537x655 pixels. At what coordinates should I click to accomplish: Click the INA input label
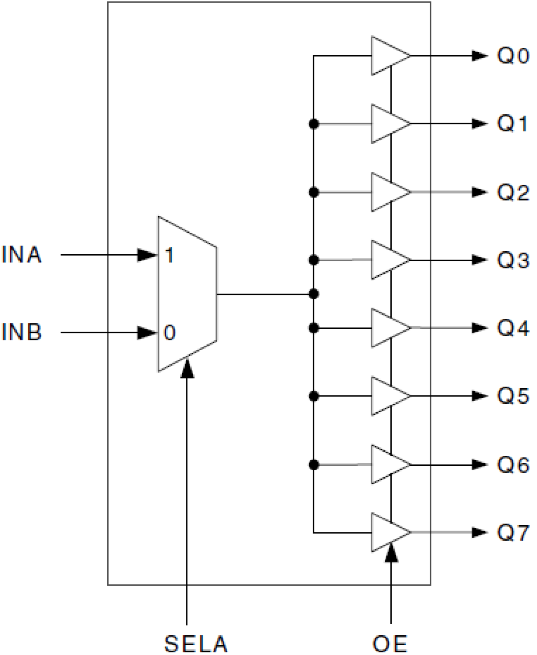tap(22, 255)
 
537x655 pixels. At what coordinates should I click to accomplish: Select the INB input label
tap(22, 332)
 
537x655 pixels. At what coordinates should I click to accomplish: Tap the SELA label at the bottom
tap(196, 644)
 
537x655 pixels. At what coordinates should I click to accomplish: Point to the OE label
tap(390, 644)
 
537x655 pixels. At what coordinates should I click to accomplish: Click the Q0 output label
tap(513, 56)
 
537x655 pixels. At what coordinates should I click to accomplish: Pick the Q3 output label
tap(513, 260)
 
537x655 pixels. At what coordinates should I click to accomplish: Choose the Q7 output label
tap(513, 533)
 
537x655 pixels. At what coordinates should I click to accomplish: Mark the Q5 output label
tap(513, 396)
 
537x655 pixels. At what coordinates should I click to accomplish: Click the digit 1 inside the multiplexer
tap(169, 256)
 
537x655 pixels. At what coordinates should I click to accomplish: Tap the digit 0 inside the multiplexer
tap(169, 333)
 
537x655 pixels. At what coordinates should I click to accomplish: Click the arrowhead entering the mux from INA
tap(147, 255)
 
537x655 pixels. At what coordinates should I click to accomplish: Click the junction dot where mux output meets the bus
tap(313, 294)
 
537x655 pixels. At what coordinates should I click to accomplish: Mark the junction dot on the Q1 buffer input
tap(313, 124)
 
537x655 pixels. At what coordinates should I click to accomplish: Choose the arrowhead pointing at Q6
tap(479, 464)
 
